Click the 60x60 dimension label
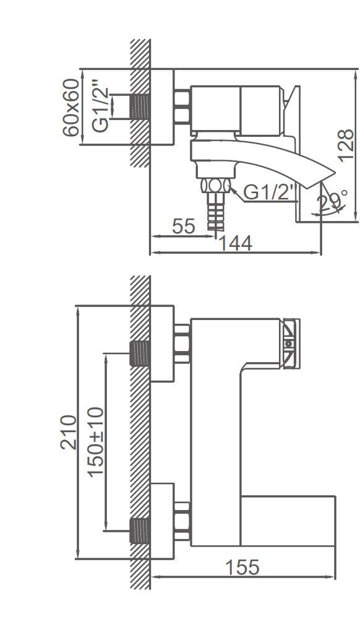72,108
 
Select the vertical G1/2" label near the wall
100,105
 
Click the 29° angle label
332,202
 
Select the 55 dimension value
183,226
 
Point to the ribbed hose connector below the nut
215,214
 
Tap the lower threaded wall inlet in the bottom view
140,530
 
